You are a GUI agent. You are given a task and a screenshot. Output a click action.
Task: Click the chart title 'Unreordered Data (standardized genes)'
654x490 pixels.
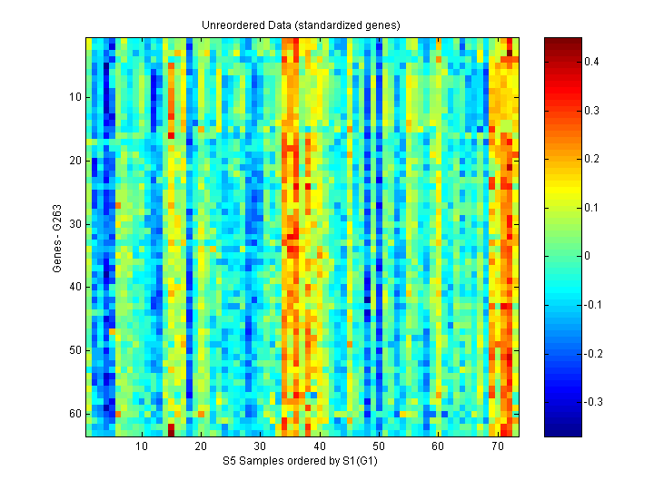point(301,24)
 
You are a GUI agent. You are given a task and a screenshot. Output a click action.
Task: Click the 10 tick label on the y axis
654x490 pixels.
point(75,97)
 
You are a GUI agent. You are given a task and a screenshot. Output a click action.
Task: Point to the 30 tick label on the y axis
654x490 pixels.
point(75,223)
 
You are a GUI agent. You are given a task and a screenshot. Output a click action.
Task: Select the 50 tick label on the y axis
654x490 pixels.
point(75,350)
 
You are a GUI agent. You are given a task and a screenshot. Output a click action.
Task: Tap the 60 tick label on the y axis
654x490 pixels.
point(75,414)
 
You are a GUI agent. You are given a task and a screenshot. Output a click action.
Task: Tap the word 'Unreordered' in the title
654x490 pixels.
point(231,24)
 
